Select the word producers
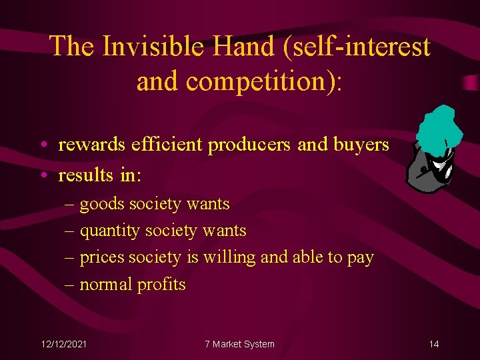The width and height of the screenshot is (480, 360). (x=250, y=145)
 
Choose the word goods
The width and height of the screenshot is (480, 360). (x=102, y=204)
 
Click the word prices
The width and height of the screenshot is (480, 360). (x=101, y=257)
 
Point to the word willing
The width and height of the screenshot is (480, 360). (x=230, y=257)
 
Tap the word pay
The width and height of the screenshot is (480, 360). (x=360, y=257)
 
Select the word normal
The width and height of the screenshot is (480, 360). (x=106, y=284)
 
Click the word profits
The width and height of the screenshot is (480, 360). (x=161, y=284)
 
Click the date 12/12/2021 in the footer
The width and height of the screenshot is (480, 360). (x=63, y=344)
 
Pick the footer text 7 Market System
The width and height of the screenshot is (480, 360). (x=239, y=344)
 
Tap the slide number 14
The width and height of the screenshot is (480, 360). (x=434, y=344)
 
